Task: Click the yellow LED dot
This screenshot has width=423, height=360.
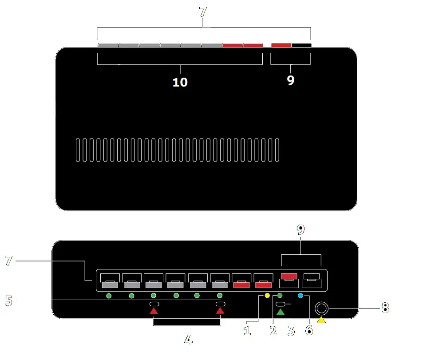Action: pyautogui.click(x=267, y=296)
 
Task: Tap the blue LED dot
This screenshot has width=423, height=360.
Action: pyautogui.click(x=300, y=296)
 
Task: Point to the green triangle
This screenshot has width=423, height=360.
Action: pyautogui.click(x=281, y=312)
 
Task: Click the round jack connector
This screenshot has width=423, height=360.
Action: pyautogui.click(x=321, y=308)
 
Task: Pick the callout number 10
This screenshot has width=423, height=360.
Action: pyautogui.click(x=180, y=82)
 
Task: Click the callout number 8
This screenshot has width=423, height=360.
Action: pyautogui.click(x=385, y=307)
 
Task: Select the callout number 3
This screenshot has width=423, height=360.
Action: pyautogui.click(x=291, y=330)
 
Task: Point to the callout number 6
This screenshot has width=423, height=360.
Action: pyautogui.click(x=309, y=330)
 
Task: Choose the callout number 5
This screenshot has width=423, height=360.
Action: pyautogui.click(x=8, y=301)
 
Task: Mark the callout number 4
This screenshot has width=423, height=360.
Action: pyautogui.click(x=188, y=340)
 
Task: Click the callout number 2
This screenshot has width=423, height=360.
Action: pyautogui.click(x=273, y=330)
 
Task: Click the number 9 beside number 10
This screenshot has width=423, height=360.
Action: pyautogui.click(x=290, y=80)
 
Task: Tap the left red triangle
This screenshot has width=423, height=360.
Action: pyautogui.click(x=154, y=311)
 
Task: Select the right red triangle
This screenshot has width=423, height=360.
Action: pyautogui.click(x=220, y=311)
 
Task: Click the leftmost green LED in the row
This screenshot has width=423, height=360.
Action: pyautogui.click(x=109, y=296)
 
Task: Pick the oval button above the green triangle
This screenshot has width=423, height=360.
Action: pyautogui.click(x=281, y=304)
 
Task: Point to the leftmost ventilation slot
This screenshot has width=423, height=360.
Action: pyautogui.click(x=77, y=150)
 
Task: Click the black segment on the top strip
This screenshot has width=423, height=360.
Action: pyautogui.click(x=301, y=45)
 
